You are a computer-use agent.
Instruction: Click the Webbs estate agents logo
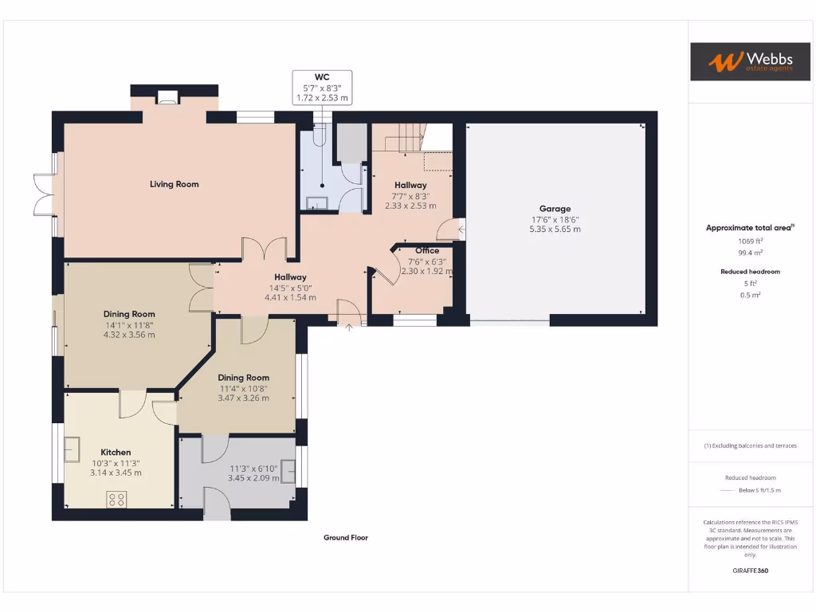click(x=739, y=61)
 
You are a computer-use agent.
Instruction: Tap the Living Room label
click(x=174, y=184)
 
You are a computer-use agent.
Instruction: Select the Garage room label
click(x=555, y=209)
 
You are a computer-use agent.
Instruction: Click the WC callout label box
click(x=322, y=87)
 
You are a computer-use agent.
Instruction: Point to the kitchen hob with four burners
click(x=116, y=500)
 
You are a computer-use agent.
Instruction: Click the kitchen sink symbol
click(x=73, y=450)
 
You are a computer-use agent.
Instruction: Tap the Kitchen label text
click(x=116, y=452)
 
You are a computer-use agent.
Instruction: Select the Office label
click(x=426, y=251)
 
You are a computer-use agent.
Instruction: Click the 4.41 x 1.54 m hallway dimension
click(x=290, y=297)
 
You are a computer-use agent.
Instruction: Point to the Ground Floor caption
click(x=345, y=538)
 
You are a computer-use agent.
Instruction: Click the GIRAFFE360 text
click(x=750, y=571)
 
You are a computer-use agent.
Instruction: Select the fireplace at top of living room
click(x=167, y=98)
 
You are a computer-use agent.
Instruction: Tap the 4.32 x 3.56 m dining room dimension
click(x=128, y=335)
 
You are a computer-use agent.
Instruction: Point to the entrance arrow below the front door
click(x=348, y=327)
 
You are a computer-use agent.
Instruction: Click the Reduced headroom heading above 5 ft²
click(x=750, y=272)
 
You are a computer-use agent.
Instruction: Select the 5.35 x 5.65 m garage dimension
click(x=555, y=229)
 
